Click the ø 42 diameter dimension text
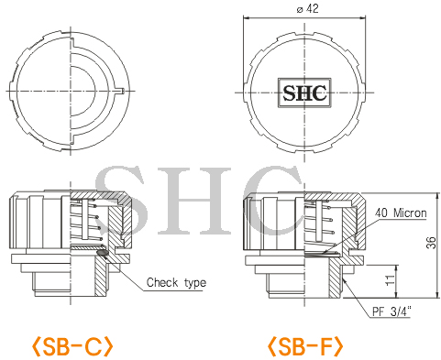pos(307,8)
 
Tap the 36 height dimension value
pos(432,243)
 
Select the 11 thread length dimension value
pos(391,280)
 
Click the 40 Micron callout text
pos(401,213)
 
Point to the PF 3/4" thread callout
pos(391,311)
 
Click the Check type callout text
pos(176,282)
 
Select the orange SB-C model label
pos(72,346)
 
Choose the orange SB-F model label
pos(305,346)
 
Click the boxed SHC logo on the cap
pos(304,93)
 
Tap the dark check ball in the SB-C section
pos(102,253)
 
